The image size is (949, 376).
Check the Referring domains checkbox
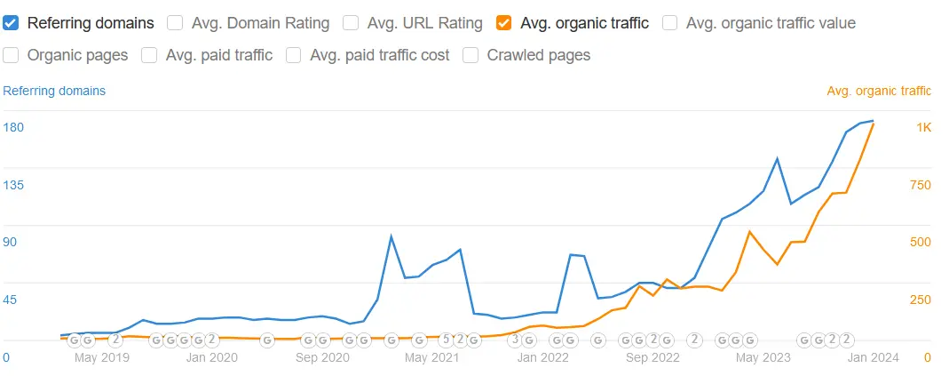click(12, 23)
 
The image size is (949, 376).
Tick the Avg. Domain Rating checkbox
click(176, 23)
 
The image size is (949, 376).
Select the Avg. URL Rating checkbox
click(351, 23)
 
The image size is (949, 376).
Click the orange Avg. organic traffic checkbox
click(504, 23)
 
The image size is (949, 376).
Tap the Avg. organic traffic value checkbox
click(670, 23)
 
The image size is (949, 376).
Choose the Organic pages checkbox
click(12, 55)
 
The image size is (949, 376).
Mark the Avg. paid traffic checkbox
click(149, 55)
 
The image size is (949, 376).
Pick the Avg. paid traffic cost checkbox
click(294, 55)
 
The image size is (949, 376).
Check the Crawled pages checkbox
click(471, 55)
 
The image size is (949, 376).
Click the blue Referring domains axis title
click(54, 91)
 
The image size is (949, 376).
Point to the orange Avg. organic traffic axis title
click(879, 91)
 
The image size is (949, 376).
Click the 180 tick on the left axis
click(13, 128)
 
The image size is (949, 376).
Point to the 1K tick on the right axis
click(923, 128)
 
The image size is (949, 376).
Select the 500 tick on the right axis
click(920, 243)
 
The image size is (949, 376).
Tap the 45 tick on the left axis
click(10, 300)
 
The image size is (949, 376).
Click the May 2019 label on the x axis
click(102, 357)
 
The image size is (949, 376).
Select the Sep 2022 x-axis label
click(652, 357)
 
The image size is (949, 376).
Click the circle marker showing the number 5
click(447, 340)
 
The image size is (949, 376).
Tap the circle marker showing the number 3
click(515, 340)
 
